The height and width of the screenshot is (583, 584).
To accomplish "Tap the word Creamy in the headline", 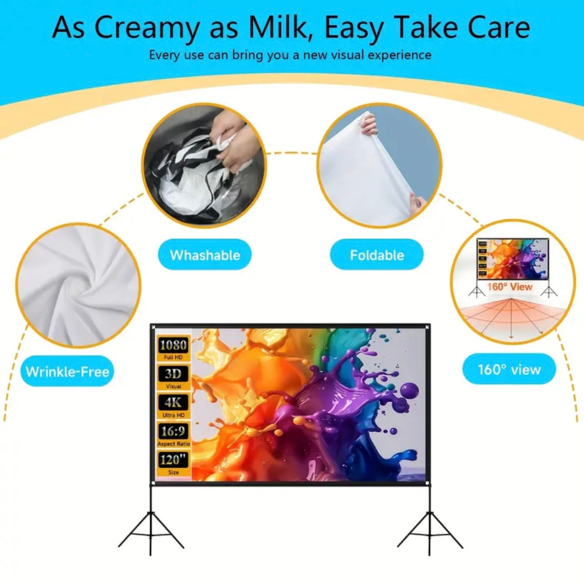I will (x=146, y=27).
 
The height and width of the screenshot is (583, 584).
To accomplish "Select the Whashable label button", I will (x=205, y=255).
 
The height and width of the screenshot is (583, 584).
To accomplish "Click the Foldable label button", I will (x=377, y=255).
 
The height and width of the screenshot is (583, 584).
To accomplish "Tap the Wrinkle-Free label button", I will (x=67, y=372).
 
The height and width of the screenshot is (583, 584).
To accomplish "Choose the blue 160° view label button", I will (x=509, y=370).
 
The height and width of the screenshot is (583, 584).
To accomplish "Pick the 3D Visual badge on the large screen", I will (x=173, y=377).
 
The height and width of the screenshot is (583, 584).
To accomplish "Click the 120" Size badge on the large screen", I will (x=173, y=463).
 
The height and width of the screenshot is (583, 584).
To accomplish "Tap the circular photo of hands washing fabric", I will (x=204, y=165).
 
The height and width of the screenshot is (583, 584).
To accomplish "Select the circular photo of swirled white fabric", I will (x=78, y=285).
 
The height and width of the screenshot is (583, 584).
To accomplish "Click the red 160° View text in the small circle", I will (x=510, y=287).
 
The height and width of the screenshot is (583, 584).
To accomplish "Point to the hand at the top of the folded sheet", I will (x=370, y=123).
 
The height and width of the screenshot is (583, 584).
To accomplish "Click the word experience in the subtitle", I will (x=399, y=55).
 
